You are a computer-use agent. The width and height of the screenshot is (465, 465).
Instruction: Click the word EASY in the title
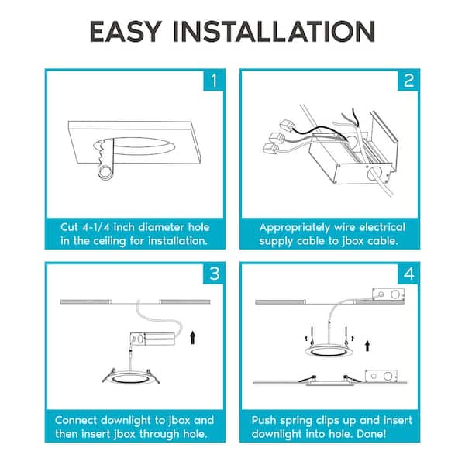126,32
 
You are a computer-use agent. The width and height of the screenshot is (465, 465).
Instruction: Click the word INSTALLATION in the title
274,32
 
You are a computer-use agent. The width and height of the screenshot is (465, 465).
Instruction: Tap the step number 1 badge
213,81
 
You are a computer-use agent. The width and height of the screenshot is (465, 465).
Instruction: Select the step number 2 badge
408,81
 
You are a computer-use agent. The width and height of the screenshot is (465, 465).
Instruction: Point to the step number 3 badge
214,274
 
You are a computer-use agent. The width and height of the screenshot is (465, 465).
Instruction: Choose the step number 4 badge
408,274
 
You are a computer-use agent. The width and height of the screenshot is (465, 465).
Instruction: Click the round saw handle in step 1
105,172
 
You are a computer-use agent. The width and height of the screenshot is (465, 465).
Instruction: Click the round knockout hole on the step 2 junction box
374,173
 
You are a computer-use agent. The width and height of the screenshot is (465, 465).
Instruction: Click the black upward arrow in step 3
193,338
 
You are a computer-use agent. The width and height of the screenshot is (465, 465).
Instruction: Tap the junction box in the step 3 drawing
152,339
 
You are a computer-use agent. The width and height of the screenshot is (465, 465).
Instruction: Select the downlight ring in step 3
131,378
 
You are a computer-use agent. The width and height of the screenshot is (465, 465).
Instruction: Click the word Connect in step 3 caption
76,421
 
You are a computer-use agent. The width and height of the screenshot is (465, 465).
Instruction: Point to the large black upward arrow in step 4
367,346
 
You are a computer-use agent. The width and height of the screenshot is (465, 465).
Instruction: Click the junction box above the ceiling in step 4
388,295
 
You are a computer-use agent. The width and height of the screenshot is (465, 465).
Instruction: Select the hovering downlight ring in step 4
329,351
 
